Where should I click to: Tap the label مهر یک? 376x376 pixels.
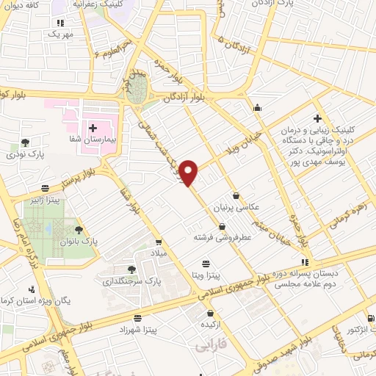[x=62, y=35]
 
